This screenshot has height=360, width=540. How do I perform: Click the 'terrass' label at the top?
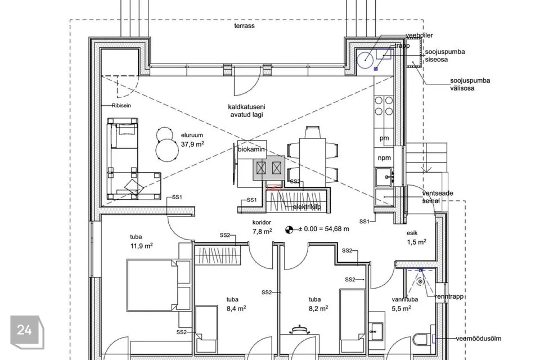(x=244, y=26)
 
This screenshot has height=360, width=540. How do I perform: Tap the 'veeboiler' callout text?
(x=419, y=35)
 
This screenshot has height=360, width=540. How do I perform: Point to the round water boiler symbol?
(x=364, y=60)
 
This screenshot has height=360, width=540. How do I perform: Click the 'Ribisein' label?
(x=121, y=106)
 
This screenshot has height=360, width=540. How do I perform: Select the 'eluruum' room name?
(x=192, y=136)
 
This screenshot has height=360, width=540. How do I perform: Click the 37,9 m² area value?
(x=192, y=145)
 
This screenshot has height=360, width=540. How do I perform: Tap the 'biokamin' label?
(x=251, y=149)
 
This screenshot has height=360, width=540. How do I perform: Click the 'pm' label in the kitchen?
(x=384, y=138)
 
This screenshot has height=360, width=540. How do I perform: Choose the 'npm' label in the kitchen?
(x=384, y=157)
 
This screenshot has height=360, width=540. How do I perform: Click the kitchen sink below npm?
(x=384, y=177)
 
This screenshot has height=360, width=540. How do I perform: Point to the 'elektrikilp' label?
(x=307, y=207)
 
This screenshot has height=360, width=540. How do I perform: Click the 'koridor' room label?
(x=262, y=223)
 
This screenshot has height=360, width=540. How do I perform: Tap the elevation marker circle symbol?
(x=289, y=229)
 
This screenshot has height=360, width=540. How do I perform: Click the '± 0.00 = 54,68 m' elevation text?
(x=324, y=229)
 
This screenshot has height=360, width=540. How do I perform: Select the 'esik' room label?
(x=412, y=233)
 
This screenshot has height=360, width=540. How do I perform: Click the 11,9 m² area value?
(x=142, y=246)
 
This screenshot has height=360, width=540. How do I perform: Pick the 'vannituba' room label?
(x=404, y=299)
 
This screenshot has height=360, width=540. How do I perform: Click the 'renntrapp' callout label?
(x=450, y=296)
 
